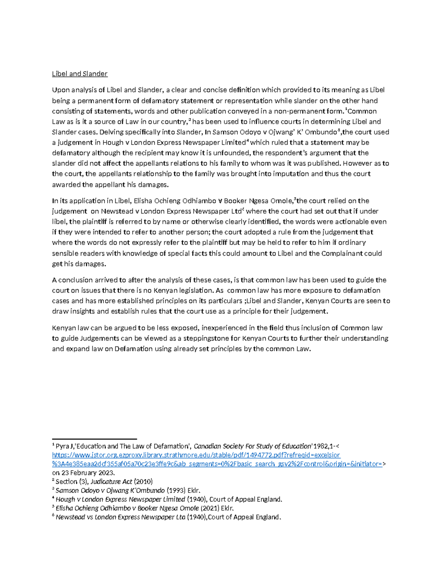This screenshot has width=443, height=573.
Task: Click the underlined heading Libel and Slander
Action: [x=79, y=74]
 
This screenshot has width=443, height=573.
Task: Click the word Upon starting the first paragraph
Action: [x=61, y=90]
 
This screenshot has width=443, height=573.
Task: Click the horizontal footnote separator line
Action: [x=95, y=439]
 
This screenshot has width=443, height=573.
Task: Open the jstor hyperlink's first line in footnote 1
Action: [x=196, y=455]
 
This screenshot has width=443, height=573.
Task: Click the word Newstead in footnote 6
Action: [x=70, y=517]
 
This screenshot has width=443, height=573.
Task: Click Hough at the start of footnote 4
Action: [x=65, y=499]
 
